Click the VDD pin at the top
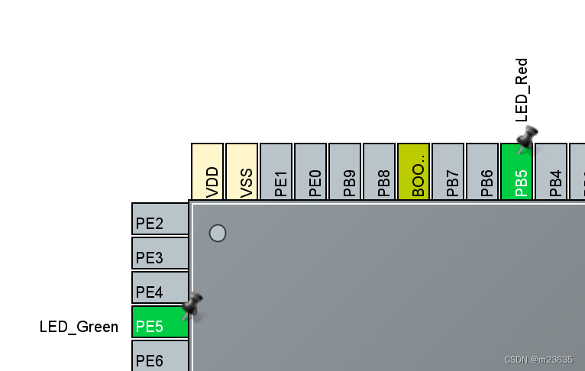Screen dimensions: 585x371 pyautogui.click(x=208, y=172)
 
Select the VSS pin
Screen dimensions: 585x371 pyautogui.click(x=242, y=172)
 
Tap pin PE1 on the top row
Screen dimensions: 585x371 pyautogui.click(x=276, y=172)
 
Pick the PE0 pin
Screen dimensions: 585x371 pyautogui.click(x=311, y=172)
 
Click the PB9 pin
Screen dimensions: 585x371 pyautogui.click(x=345, y=172)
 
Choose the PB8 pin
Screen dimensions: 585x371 pyautogui.click(x=380, y=172)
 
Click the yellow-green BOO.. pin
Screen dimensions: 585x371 pyautogui.click(x=414, y=172)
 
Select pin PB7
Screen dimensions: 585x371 pyautogui.click(x=448, y=172)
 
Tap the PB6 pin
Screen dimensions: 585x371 pyautogui.click(x=483, y=172)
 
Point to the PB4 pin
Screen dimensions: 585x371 pyautogui.click(x=551, y=172)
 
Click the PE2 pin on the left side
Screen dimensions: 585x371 pyautogui.click(x=160, y=219)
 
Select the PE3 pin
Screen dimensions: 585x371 pyautogui.click(x=160, y=253)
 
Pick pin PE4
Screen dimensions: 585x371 pyautogui.click(x=160, y=288)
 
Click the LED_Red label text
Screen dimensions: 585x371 pyautogui.click(x=522, y=90)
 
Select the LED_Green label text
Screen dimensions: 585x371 pyautogui.click(x=79, y=327)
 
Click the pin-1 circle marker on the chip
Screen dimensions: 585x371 pyautogui.click(x=218, y=233)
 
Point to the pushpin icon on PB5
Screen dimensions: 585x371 pyautogui.click(x=526, y=138)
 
